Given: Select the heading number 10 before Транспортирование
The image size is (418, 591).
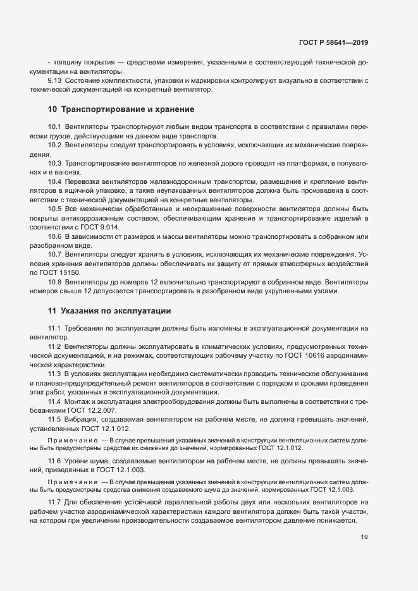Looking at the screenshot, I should point(52,109).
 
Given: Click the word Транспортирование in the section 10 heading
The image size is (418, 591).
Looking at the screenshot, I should point(97,109).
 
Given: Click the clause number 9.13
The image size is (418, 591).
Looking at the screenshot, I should point(55,81).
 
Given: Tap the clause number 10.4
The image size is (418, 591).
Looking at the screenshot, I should point(54,181).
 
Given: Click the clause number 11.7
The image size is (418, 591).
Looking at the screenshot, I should point(54,502).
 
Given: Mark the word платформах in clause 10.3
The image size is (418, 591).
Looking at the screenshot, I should point(308,164).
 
